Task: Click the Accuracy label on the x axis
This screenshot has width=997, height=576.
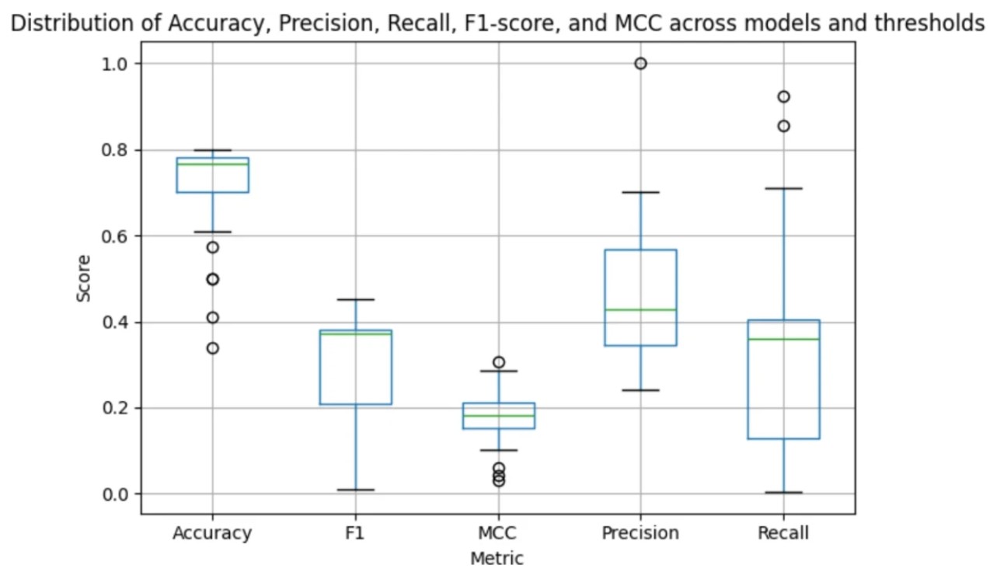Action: [x=212, y=533]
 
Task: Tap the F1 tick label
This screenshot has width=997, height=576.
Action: [x=355, y=533]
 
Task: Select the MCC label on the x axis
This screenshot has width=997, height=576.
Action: [x=497, y=533]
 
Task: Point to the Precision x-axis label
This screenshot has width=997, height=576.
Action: [x=640, y=533]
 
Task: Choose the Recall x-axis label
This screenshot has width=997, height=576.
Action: [x=783, y=533]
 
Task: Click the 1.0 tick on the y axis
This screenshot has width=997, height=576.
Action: [x=114, y=64]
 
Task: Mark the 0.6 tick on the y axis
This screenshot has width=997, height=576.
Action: [x=114, y=236]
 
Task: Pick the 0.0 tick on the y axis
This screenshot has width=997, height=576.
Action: [x=114, y=494]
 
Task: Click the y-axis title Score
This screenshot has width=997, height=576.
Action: [x=83, y=278]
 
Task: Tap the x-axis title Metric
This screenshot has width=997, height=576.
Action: [x=497, y=558]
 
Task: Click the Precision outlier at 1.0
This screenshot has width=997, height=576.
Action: [x=640, y=64]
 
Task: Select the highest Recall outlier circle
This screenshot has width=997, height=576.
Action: [x=783, y=96]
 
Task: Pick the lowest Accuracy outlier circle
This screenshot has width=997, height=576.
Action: [x=212, y=348]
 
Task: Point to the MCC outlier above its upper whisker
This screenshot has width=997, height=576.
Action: [x=498, y=362]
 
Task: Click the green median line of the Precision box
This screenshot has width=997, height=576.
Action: [x=640, y=309]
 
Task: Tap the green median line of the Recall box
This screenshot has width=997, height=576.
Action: [x=783, y=339]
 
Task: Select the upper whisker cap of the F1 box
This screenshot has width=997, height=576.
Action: [x=355, y=299]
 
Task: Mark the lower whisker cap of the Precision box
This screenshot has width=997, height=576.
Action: [x=640, y=390]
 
